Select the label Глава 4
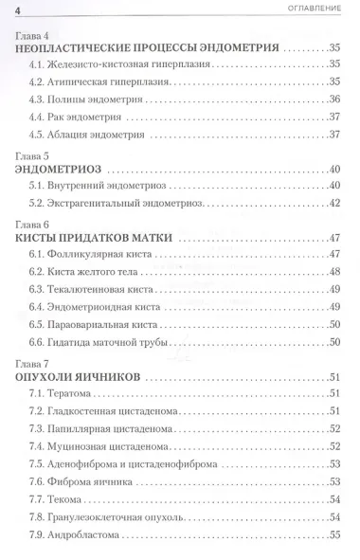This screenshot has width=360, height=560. (33, 33)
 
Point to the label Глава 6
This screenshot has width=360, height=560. (33, 225)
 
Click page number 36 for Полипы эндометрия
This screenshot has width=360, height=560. (333, 99)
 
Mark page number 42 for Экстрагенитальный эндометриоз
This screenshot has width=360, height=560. (333, 203)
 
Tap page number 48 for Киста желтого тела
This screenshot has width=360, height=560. (333, 272)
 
